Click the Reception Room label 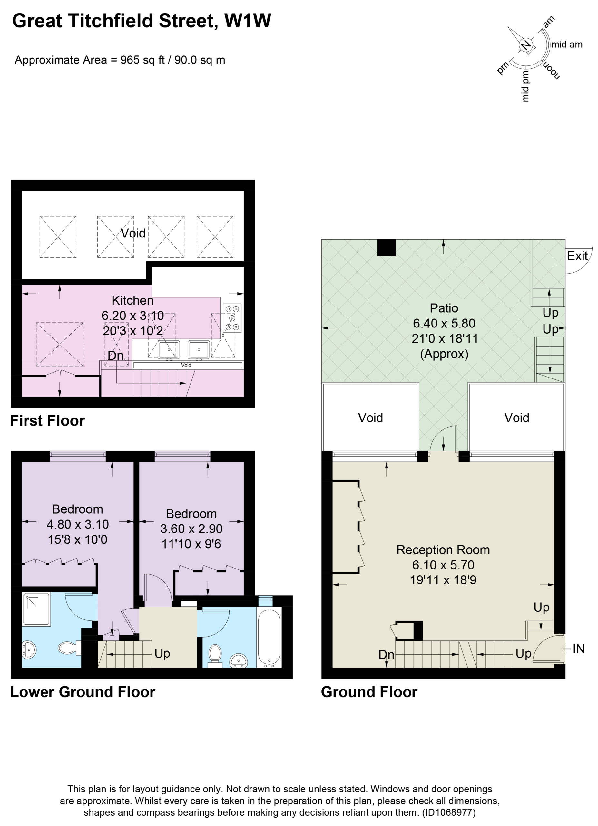point(443,549)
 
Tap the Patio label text point(444,308)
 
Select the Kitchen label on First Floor point(132,300)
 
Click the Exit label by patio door point(577,256)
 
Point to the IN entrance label point(578,649)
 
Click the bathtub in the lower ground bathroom point(269,638)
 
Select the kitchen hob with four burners point(232,318)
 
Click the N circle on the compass point(525,45)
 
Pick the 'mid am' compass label point(567,45)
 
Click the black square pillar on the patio point(386,248)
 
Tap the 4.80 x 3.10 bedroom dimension point(77,524)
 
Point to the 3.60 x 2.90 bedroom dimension point(191,529)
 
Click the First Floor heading point(47,421)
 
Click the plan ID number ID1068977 point(449,812)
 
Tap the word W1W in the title point(248,21)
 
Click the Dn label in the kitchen point(115,356)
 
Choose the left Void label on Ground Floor point(370,418)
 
